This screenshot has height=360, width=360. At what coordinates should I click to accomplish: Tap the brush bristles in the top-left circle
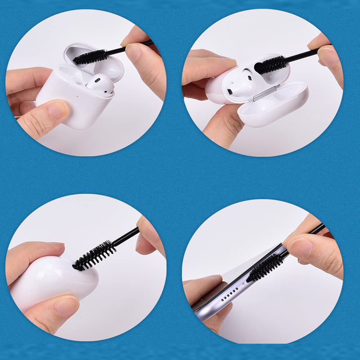pyautogui.click(x=90, y=57)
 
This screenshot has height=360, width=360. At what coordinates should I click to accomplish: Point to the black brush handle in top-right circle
pyautogui.click(x=301, y=56)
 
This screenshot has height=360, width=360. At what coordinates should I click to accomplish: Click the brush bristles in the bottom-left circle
pyautogui.click(x=94, y=255)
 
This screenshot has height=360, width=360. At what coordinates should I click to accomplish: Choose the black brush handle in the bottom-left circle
pyautogui.click(x=126, y=237)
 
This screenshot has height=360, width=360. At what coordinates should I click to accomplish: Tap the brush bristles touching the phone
pyautogui.click(x=265, y=268)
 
